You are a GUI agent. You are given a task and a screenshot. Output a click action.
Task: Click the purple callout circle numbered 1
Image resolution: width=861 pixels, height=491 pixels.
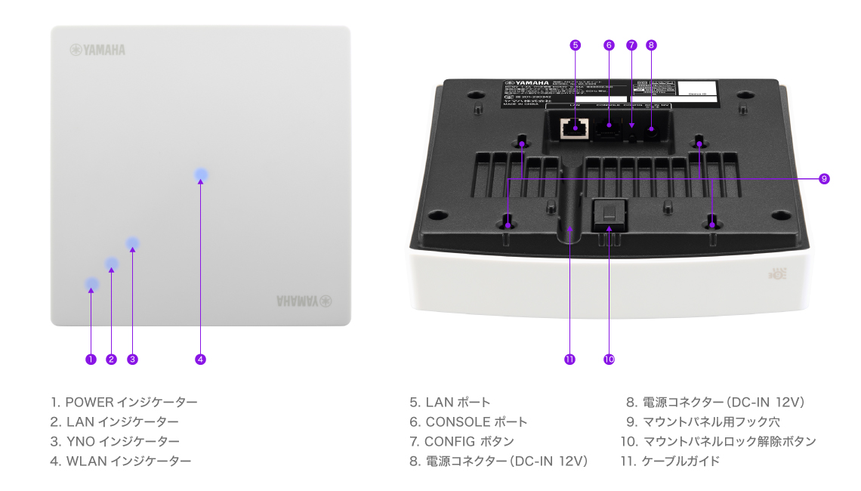click(91, 360)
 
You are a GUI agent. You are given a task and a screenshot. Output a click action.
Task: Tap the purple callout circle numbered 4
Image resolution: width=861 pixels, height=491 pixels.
click(200, 360)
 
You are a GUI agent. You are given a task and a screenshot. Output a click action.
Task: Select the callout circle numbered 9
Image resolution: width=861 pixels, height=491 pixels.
click(824, 179)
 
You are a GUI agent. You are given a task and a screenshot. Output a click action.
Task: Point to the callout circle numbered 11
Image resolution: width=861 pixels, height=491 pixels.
click(569, 360)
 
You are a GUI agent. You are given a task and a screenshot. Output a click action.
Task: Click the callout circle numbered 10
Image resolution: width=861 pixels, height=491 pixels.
click(609, 360)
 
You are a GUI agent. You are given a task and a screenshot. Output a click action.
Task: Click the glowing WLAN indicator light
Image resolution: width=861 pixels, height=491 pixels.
click(200, 175)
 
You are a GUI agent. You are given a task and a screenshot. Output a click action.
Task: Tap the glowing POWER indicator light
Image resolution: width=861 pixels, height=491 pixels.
click(91, 285)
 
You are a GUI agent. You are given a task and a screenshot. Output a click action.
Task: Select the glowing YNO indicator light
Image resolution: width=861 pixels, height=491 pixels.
click(133, 243)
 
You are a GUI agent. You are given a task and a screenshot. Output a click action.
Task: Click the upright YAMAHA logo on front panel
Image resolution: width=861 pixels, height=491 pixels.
click(97, 50)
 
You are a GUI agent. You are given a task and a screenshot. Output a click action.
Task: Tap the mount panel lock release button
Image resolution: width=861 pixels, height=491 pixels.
click(609, 214)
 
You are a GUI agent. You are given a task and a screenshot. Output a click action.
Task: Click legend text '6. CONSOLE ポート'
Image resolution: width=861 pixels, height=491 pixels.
click(468, 422)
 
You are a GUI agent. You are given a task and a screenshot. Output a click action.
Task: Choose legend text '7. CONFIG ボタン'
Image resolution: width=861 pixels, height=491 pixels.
click(461, 442)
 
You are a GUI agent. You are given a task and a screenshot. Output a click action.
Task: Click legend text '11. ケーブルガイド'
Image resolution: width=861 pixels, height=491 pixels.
click(669, 461)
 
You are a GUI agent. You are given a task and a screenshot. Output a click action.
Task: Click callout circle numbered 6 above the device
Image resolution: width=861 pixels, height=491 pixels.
click(609, 45)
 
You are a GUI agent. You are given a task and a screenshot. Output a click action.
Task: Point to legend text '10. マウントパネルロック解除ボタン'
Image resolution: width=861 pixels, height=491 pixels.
click(717, 442)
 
